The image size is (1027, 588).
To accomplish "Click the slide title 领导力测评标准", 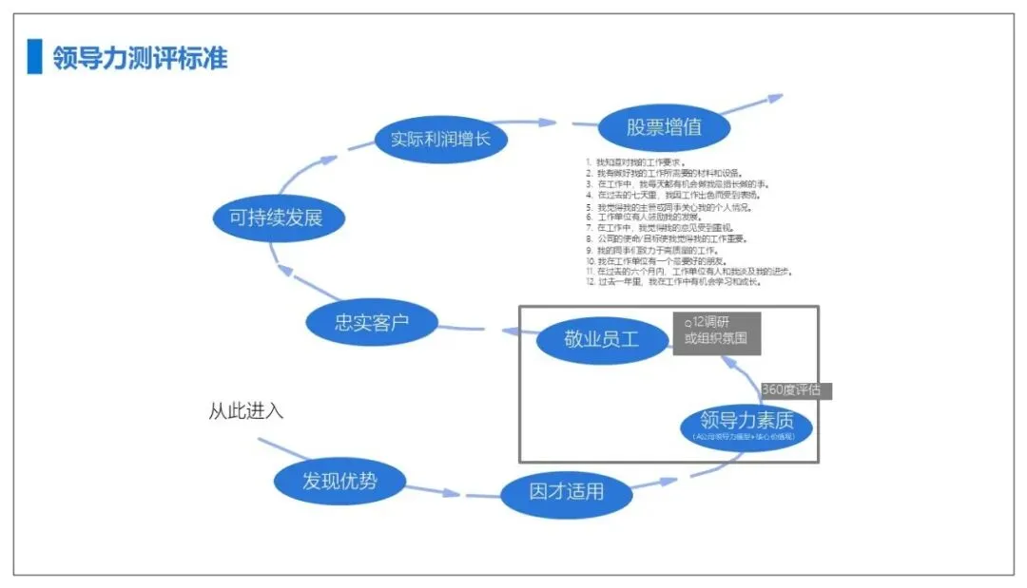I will (x=140, y=58).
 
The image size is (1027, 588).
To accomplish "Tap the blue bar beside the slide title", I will (x=34, y=57).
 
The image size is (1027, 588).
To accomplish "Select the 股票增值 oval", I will (x=664, y=128).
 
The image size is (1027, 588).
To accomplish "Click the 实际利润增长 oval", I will (x=440, y=140).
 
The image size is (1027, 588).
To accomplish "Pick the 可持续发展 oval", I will (x=277, y=218).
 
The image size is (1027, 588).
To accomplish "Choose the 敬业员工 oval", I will (x=602, y=339).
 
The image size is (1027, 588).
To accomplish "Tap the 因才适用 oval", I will (x=566, y=492).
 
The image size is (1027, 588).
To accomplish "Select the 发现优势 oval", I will (x=339, y=481).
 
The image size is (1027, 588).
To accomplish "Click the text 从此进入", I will (x=246, y=412).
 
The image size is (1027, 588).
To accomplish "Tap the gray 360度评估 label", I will (x=795, y=390).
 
